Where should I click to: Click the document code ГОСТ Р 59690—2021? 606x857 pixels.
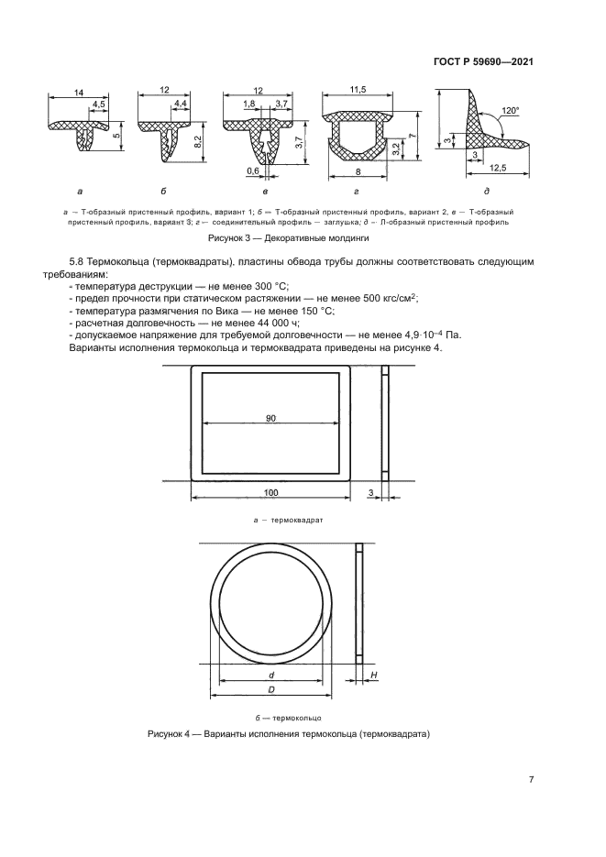482,62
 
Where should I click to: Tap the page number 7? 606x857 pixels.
532,780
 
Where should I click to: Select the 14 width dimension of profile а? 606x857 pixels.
81,93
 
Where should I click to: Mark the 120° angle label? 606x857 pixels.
511,111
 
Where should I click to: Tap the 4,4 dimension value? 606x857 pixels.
180,106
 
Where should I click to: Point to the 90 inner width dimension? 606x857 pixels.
270,419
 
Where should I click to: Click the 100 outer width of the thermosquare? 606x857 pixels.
270,493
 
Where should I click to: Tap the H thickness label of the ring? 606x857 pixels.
375,675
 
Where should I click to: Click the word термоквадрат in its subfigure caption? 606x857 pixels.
276,519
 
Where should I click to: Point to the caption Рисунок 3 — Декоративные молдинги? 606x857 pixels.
289,237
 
